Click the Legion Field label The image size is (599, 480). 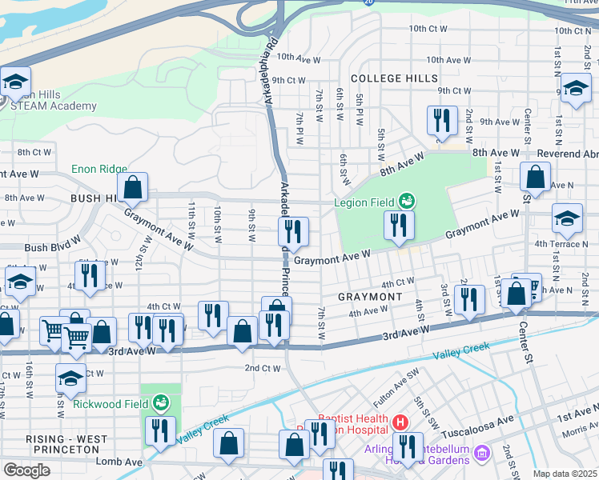pyautogui.click(x=364, y=201)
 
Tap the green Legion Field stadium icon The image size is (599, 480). pyautogui.click(x=407, y=200)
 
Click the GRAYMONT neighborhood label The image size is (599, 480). pyautogui.click(x=369, y=297)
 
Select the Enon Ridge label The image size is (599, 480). pyautogui.click(x=99, y=169)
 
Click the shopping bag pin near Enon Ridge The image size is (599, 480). pyautogui.click(x=133, y=188)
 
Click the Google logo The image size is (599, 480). pyautogui.click(x=26, y=470)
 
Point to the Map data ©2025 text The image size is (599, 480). pyautogui.click(x=564, y=474)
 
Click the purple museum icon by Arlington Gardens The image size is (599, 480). pyautogui.click(x=480, y=454)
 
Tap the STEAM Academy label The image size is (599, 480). pyautogui.click(x=58, y=106)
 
